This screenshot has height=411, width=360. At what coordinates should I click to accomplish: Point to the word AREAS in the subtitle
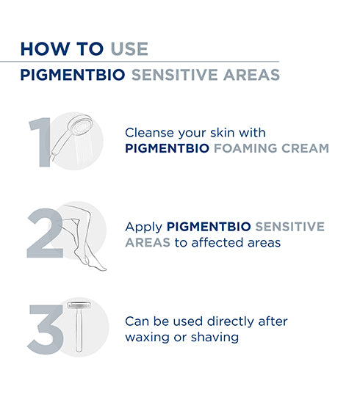pyautogui.click(x=251, y=76)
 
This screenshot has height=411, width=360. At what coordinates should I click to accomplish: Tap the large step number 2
pyautogui.click(x=43, y=234)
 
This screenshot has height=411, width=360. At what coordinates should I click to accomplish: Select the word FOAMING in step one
pyautogui.click(x=253, y=148)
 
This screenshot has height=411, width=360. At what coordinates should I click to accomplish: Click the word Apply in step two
pyautogui.click(x=144, y=227)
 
